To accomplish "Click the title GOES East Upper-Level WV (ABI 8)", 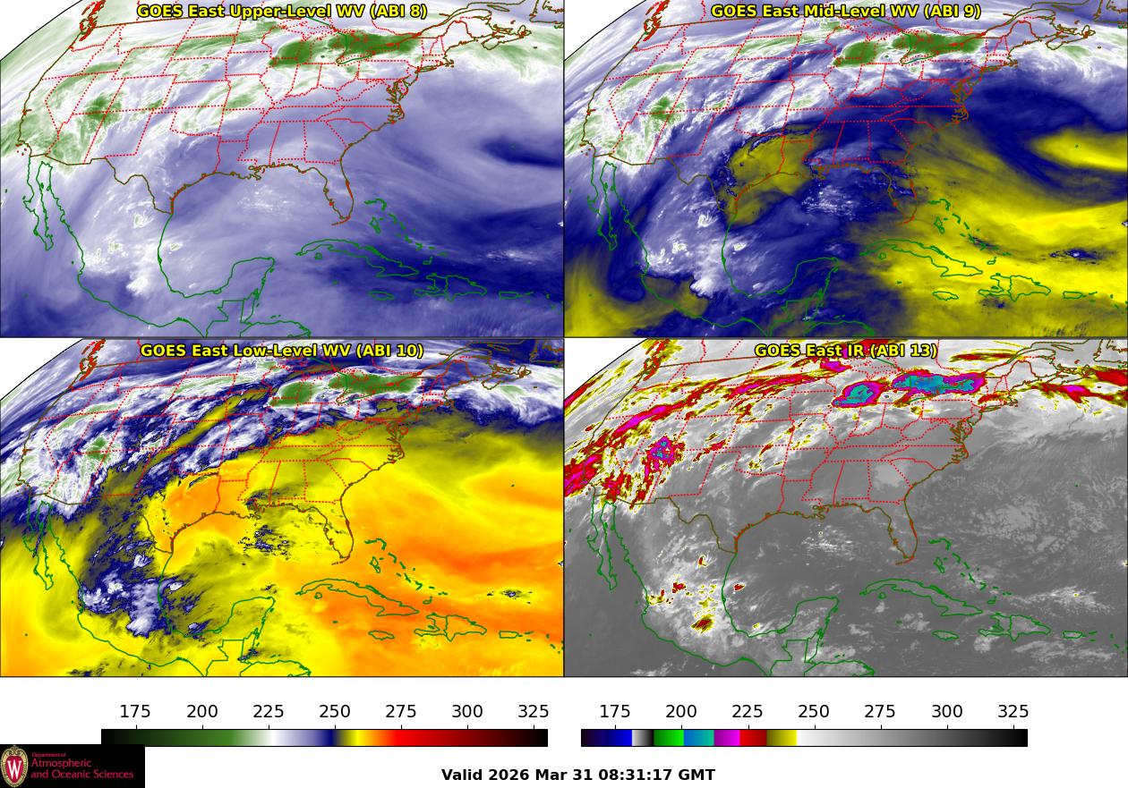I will tap(282, 12).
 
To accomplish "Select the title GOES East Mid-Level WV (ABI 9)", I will tap(846, 12).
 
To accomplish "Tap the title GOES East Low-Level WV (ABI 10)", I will tap(282, 351).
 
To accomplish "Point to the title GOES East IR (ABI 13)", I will tap(846, 351).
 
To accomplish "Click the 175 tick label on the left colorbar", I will tap(135, 712).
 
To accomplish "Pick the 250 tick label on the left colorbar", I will tap(335, 712).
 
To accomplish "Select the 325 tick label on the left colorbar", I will tap(534, 712).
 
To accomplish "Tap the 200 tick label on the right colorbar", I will tap(681, 712).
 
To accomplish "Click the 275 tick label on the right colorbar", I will tap(880, 712).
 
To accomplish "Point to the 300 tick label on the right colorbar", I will tap(947, 712).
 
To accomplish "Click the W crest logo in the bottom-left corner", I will tap(14, 767).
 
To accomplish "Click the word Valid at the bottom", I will tap(463, 775).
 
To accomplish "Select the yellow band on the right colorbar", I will tap(782, 738).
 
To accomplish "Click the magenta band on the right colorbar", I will tap(727, 738).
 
